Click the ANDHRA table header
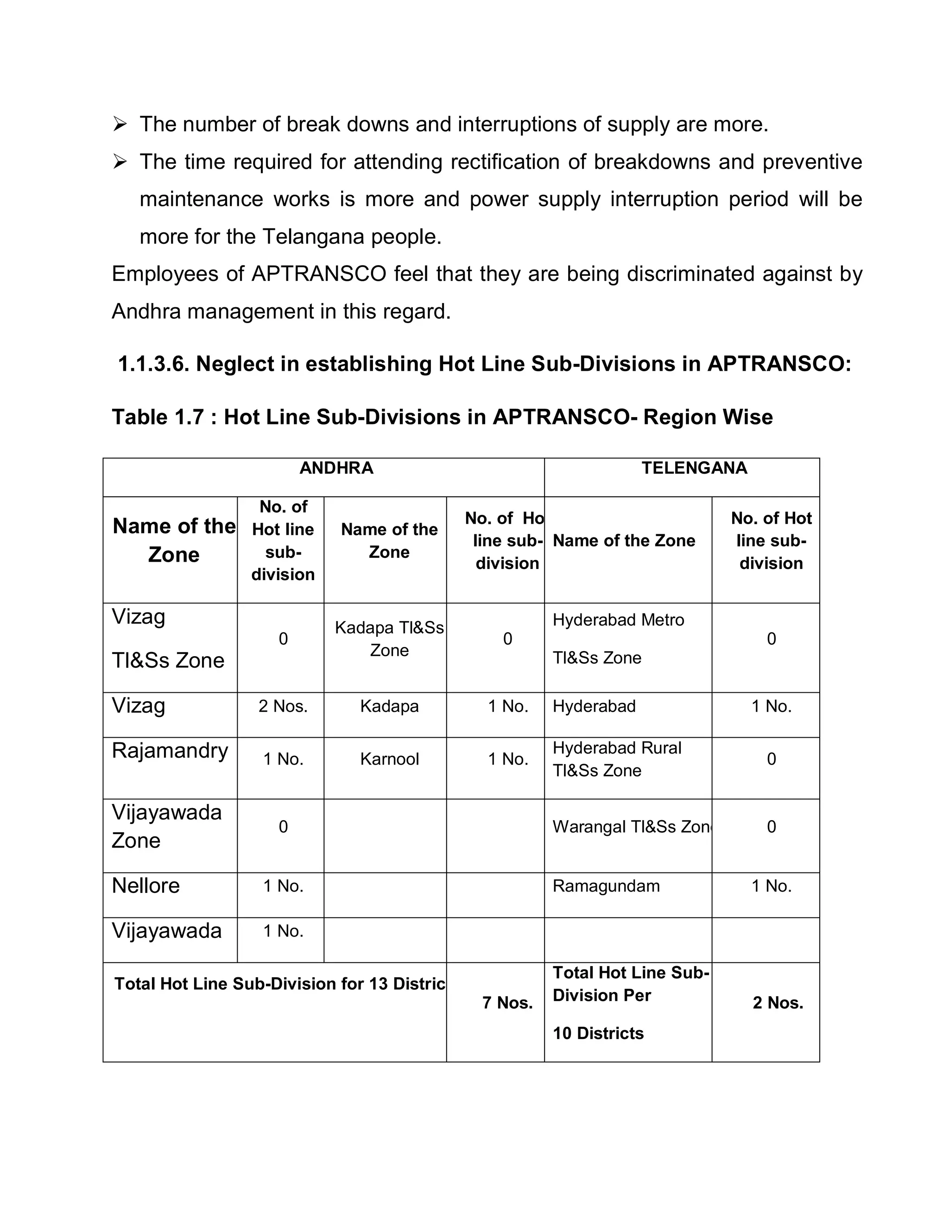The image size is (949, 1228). (336, 468)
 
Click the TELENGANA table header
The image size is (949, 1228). (694, 468)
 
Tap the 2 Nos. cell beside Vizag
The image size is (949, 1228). (283, 706)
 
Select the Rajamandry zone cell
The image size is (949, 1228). (170, 751)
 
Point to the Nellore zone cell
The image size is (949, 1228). (146, 886)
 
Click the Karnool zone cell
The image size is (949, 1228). (389, 759)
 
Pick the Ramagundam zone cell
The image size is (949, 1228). (606, 886)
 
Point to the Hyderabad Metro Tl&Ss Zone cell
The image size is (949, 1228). (619, 639)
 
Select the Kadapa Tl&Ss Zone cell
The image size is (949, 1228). (389, 639)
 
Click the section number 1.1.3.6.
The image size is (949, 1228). (153, 364)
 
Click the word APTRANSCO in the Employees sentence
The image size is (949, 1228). (319, 274)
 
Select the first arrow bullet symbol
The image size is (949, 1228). (120, 124)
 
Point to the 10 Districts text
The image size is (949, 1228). (598, 1033)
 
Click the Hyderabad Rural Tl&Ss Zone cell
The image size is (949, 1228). (617, 759)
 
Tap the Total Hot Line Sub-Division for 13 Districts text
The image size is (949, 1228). (279, 983)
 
